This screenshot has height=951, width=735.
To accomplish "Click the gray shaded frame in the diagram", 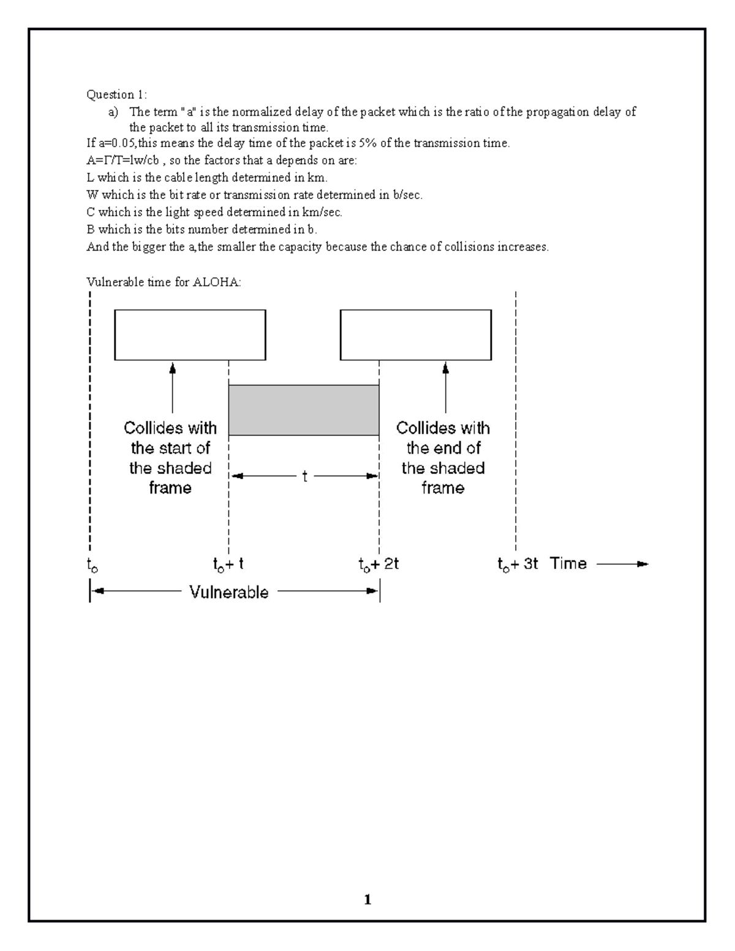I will [304, 410].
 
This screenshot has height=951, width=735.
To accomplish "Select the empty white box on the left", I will [190, 334].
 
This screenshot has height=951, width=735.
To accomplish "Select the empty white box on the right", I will [415, 334].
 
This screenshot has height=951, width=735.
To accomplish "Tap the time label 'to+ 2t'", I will [379, 564].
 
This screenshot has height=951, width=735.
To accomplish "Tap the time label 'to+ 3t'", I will [518, 564].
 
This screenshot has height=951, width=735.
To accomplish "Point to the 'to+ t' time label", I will [228, 564].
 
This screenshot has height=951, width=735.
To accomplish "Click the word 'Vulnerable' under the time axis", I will [228, 592].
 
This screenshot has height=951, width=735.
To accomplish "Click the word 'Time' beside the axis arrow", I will [568, 563].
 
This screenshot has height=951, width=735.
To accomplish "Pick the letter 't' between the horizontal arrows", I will [304, 476].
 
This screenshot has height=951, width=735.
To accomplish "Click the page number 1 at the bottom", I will [367, 900].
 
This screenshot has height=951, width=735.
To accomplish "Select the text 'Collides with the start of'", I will [170, 437].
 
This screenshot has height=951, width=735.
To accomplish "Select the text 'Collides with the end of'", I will [443, 437].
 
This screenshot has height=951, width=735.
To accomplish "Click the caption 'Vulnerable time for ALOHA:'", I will [164, 282].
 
